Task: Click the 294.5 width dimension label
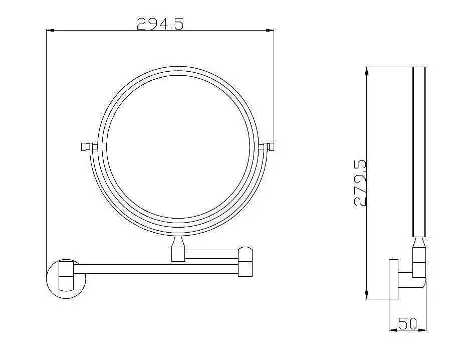tap(160, 24)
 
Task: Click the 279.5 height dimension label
tap(360, 183)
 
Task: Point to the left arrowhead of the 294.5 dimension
tap(50, 30)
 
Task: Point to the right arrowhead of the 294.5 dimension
tap(270, 30)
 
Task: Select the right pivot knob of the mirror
tap(266, 146)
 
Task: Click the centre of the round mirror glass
tap(178, 147)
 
